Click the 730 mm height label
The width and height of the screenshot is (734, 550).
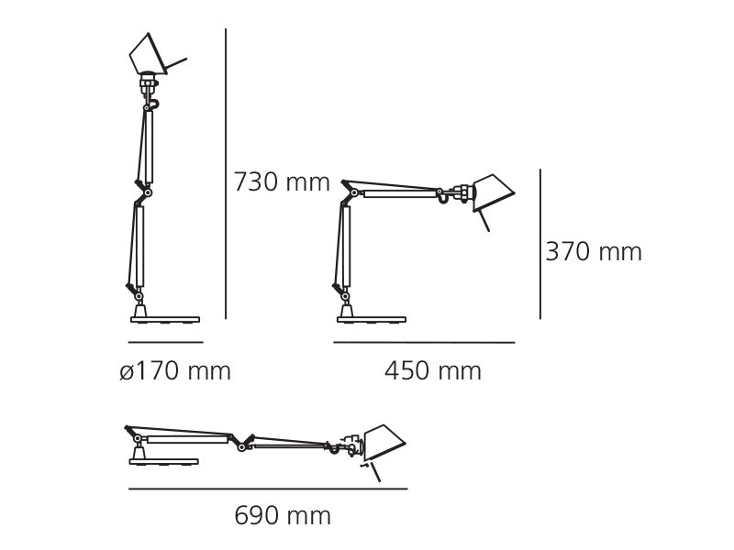281,182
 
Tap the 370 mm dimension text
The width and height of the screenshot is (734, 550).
594,252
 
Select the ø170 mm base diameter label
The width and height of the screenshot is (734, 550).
175,371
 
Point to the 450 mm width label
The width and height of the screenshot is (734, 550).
432,371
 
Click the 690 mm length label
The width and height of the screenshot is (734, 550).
283,516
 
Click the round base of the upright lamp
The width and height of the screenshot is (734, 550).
165,320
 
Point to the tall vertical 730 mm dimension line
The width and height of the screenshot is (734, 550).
226,174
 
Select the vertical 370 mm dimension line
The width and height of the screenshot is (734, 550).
540,244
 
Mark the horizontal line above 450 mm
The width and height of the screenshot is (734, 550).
424,342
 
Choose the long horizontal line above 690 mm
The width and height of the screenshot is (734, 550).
267,489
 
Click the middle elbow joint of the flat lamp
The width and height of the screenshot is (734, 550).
241,445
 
